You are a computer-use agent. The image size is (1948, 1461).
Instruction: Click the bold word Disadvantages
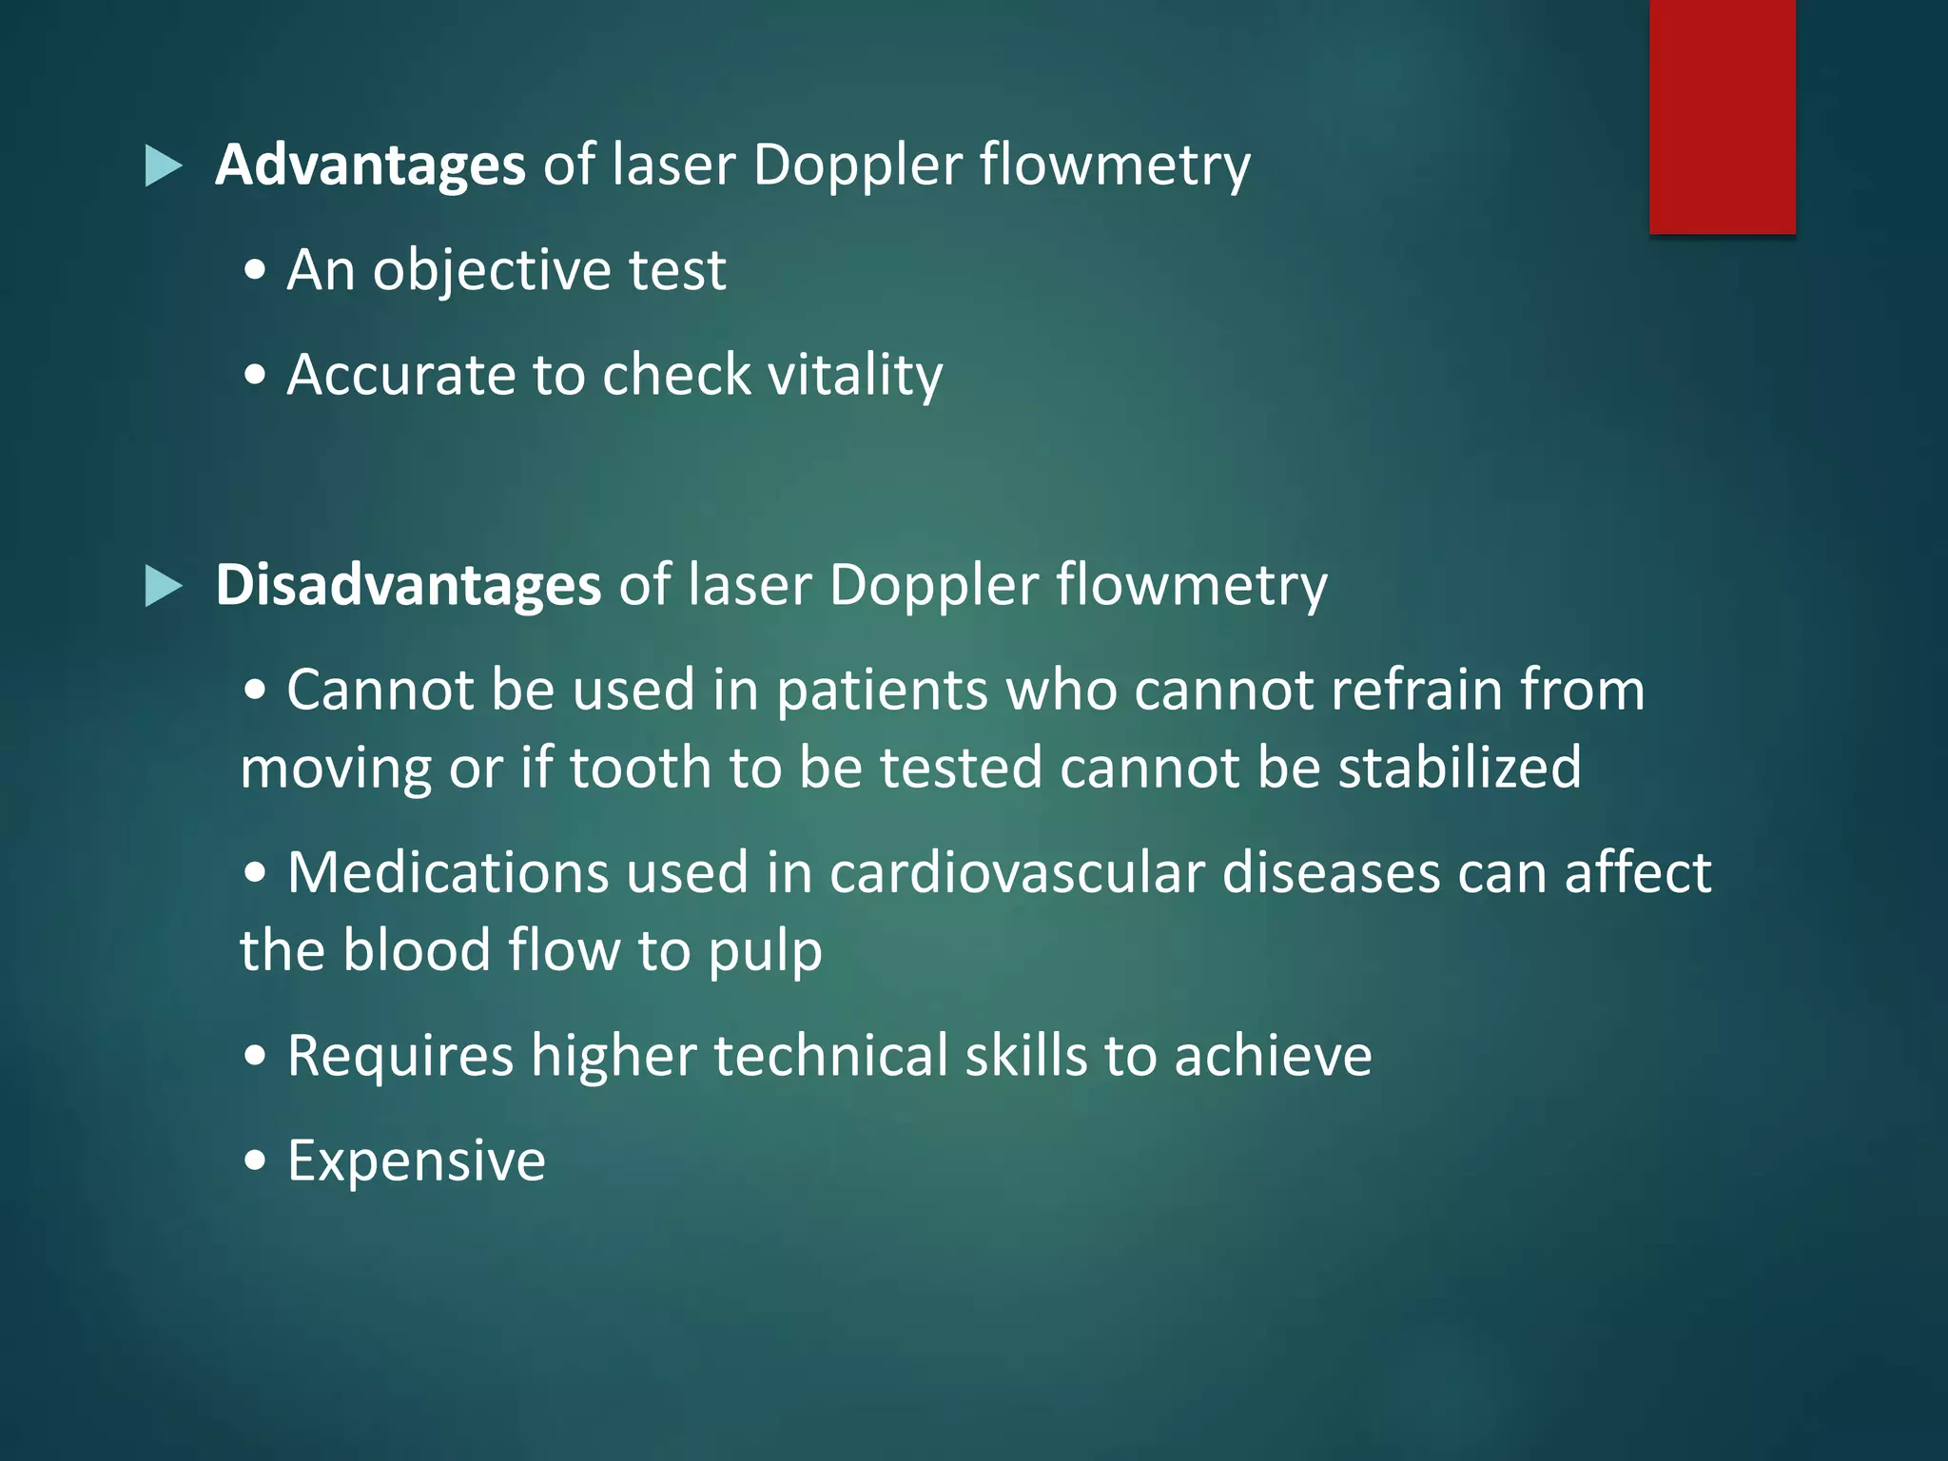pyautogui.click(x=408, y=584)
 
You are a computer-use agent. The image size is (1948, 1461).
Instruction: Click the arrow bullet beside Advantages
pyautogui.click(x=163, y=166)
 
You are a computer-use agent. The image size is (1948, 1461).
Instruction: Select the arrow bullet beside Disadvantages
pyautogui.click(x=163, y=586)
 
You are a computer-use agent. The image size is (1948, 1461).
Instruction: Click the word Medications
pyautogui.click(x=448, y=872)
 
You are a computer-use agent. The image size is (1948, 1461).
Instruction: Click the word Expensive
pyautogui.click(x=417, y=1161)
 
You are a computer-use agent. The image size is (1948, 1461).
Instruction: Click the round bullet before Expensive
pyautogui.click(x=255, y=1161)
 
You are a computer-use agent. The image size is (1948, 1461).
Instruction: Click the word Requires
pyautogui.click(x=400, y=1056)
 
